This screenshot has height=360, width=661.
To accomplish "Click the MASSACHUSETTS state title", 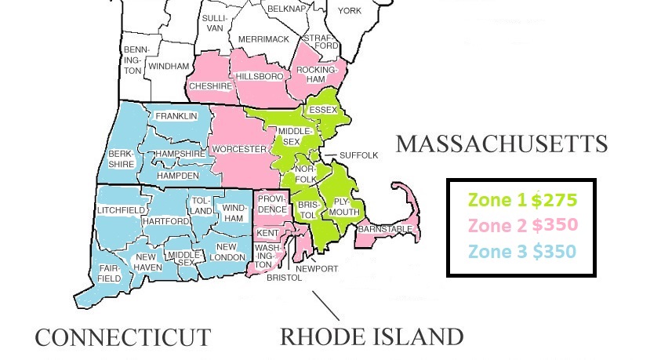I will coord(502,144).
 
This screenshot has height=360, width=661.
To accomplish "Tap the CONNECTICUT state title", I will coord(122,337).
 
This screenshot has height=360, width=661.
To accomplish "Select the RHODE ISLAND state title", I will coord(372,337).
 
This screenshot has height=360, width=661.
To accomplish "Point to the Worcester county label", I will coord(239,149).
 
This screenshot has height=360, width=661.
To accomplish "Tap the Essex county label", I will coord(323,110).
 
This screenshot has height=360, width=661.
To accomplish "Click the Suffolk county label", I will coord(358,155).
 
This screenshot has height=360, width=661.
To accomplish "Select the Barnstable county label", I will coord(385,228).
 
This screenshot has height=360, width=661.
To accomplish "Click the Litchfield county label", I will coord(121,210).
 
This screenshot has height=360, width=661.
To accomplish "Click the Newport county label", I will coord(317,268).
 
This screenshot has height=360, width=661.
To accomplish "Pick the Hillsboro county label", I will coord(259,76).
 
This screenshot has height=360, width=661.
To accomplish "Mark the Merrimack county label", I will coord(263,39).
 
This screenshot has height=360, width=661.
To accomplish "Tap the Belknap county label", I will coord(285,8).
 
